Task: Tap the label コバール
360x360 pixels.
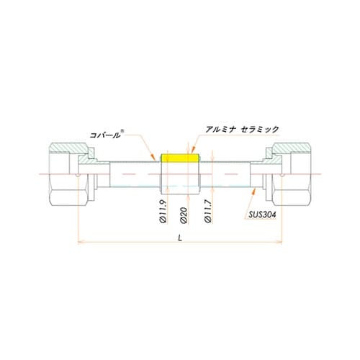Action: [x=105, y=133]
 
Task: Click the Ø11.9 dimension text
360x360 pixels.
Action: [x=163, y=214]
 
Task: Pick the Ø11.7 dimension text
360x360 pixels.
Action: [x=208, y=214]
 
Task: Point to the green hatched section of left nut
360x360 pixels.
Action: [x=71, y=150]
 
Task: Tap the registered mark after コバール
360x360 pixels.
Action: [x=122, y=130]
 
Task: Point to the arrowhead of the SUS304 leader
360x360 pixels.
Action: [x=257, y=191]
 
